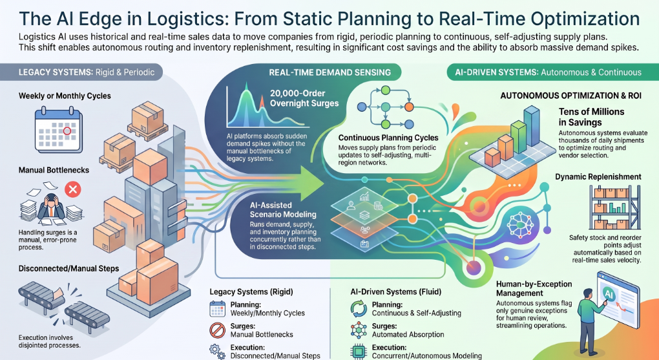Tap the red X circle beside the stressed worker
73,189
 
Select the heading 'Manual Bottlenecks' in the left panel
54,170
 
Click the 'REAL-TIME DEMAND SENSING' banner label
330,72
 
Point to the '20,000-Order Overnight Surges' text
304,98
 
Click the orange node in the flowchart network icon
409,107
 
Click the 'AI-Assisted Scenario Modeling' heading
283,209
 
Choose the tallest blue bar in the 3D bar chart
532,126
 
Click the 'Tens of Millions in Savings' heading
591,117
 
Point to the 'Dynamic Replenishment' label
598,176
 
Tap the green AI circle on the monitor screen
609,294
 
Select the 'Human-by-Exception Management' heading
534,288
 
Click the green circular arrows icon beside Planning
359,309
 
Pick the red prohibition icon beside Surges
217,330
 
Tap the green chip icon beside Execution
359,352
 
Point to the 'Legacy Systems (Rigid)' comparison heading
251,291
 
